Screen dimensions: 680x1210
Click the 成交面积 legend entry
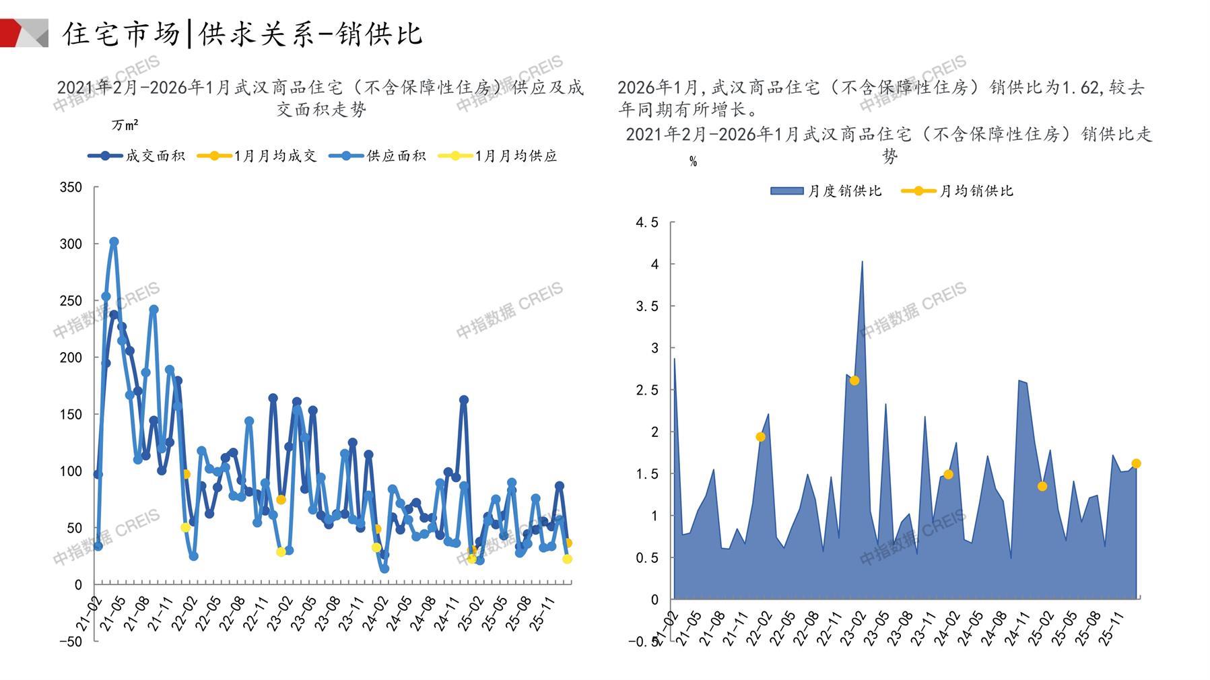pyautogui.click(x=137, y=156)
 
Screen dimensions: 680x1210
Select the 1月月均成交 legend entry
pyautogui.click(x=257, y=156)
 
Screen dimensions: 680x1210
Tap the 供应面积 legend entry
pyautogui.click(x=378, y=156)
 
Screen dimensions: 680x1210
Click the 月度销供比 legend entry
pyautogui.click(x=826, y=191)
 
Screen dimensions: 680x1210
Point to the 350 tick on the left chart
pyautogui.click(x=71, y=187)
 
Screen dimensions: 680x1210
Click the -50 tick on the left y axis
pyautogui.click(x=70, y=642)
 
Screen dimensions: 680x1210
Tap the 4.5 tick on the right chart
pyautogui.click(x=647, y=223)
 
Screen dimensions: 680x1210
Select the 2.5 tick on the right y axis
pyautogui.click(x=647, y=390)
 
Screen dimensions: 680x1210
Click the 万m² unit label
pyautogui.click(x=125, y=125)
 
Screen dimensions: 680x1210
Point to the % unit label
pyautogui.click(x=693, y=162)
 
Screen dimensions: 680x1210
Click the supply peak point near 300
pyautogui.click(x=114, y=242)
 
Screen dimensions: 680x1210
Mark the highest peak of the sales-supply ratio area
pyautogui.click(x=862, y=262)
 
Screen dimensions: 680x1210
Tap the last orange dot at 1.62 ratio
pyautogui.click(x=1136, y=463)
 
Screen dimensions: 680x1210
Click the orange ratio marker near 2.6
pyautogui.click(x=854, y=380)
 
